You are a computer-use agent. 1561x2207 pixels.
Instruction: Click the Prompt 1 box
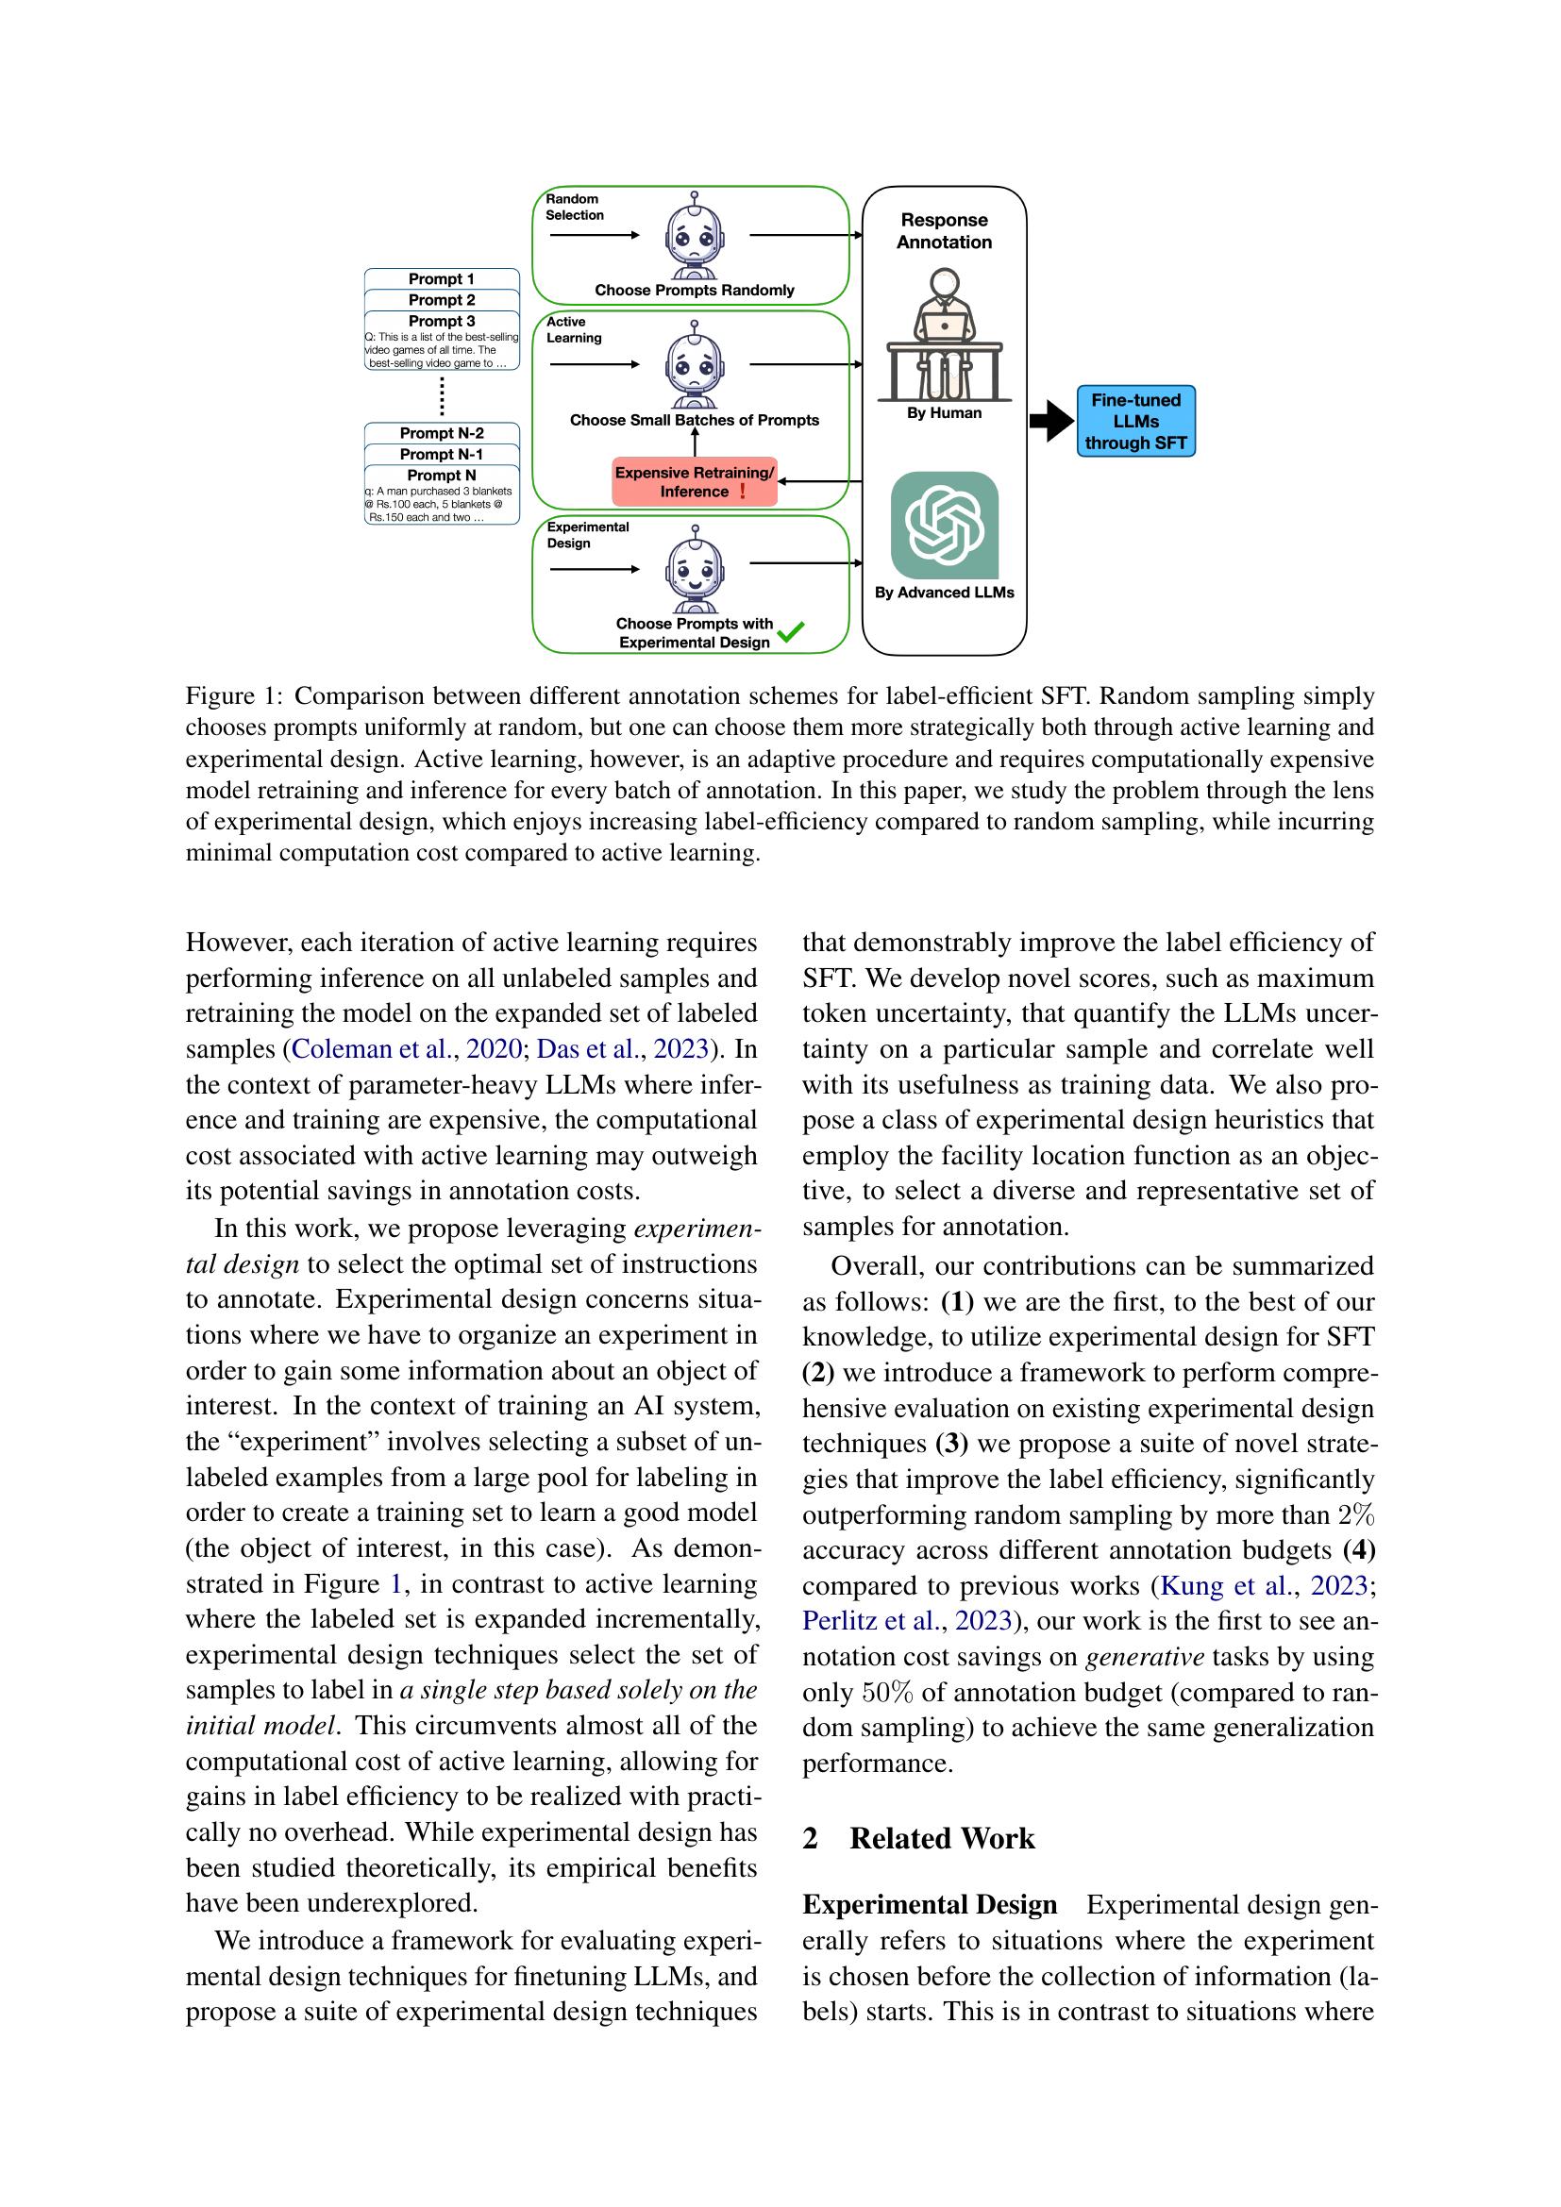pos(441,278)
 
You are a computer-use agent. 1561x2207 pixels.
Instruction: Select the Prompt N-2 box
pos(441,433)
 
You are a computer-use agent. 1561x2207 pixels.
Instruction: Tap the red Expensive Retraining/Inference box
pos(694,481)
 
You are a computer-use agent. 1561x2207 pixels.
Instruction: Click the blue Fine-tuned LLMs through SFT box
pos(1135,422)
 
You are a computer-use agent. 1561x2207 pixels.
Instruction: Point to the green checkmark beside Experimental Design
pos(790,631)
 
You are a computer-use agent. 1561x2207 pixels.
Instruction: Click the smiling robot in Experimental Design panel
pos(694,570)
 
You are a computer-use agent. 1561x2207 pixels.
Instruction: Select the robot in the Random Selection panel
pos(694,236)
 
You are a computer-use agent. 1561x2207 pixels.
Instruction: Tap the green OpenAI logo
pos(944,525)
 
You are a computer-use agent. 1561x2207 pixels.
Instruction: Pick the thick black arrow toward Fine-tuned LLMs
pos(1050,421)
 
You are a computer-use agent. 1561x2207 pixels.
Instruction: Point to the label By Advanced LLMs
pos(944,594)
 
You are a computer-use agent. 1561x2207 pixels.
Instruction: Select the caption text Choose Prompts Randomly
pos(694,291)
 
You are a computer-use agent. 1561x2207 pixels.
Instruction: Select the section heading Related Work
pos(941,1839)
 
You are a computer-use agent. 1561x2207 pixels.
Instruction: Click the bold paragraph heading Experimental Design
pos(929,1905)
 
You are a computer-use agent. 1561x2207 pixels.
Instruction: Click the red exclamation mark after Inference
pos(742,492)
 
